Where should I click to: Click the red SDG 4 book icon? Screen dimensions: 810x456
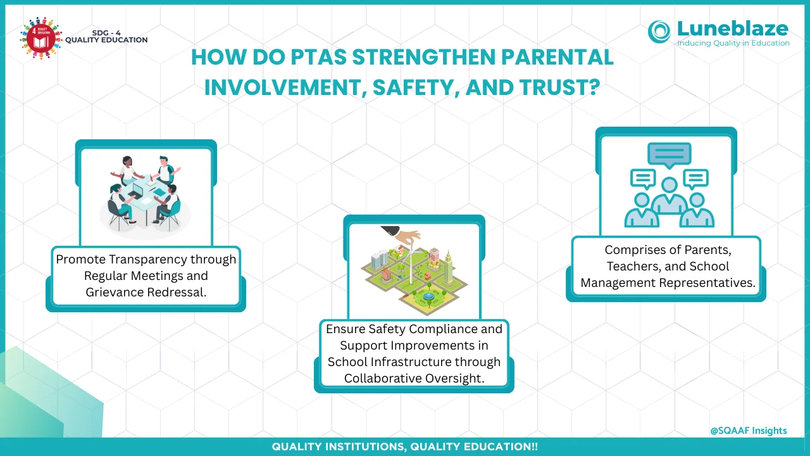pyautogui.click(x=41, y=37)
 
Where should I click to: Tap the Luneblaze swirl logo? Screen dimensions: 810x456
pyautogui.click(x=659, y=32)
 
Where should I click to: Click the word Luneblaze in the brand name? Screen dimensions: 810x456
pyautogui.click(x=733, y=28)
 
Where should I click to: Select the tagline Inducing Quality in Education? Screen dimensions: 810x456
pyautogui.click(x=733, y=43)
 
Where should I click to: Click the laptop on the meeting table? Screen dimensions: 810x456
pyautogui.click(x=137, y=189)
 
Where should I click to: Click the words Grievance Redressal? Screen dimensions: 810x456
pyautogui.click(x=146, y=292)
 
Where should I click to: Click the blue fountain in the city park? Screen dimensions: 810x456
pyautogui.click(x=428, y=296)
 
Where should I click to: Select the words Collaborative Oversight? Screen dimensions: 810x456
pyautogui.click(x=414, y=378)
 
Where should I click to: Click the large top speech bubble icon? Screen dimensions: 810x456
pyautogui.click(x=670, y=155)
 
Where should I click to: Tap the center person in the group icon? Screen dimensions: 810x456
pyautogui.click(x=670, y=196)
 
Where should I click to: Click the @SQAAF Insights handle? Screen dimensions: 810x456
pyautogui.click(x=749, y=431)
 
